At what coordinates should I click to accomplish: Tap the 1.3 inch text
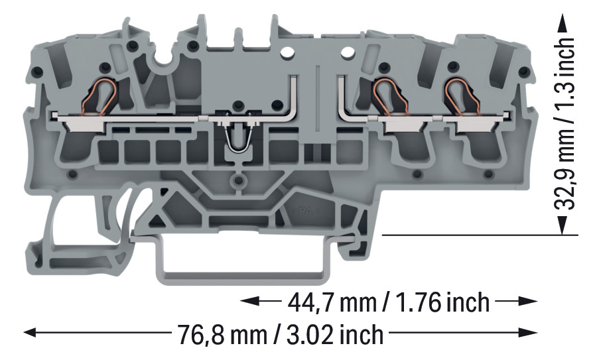coord(565,71)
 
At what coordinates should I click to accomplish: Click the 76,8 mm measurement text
coord(222,334)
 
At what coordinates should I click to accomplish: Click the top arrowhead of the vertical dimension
coord(563,23)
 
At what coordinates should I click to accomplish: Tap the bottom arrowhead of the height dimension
coord(563,225)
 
